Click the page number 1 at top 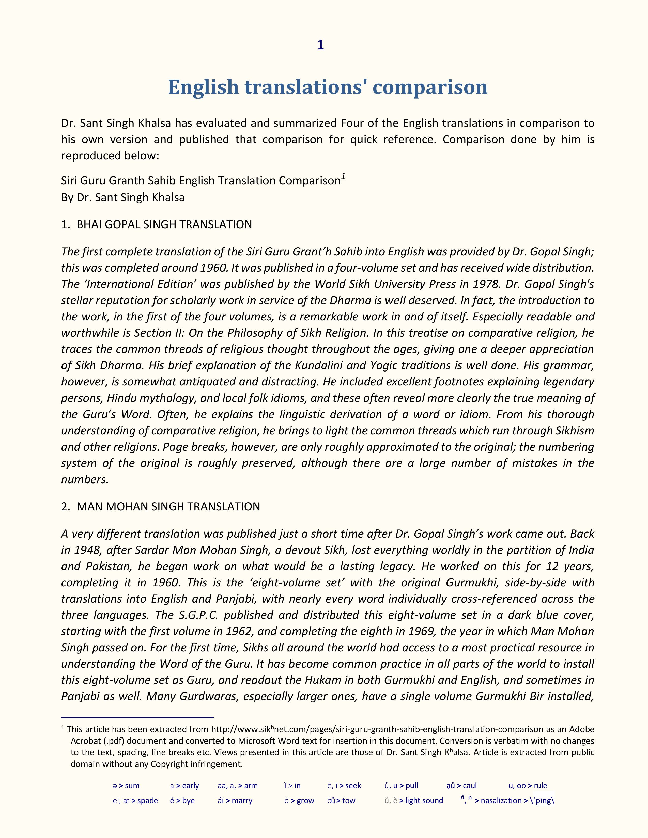pyautogui.click(x=320, y=45)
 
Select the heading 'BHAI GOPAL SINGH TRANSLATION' pyautogui.click(x=164, y=224)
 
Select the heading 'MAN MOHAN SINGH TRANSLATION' pyautogui.click(x=168, y=507)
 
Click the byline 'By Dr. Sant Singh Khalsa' pyautogui.click(x=123, y=197)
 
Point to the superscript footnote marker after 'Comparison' pyautogui.click(x=344, y=176)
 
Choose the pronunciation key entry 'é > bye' pyautogui.click(x=182, y=800)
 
